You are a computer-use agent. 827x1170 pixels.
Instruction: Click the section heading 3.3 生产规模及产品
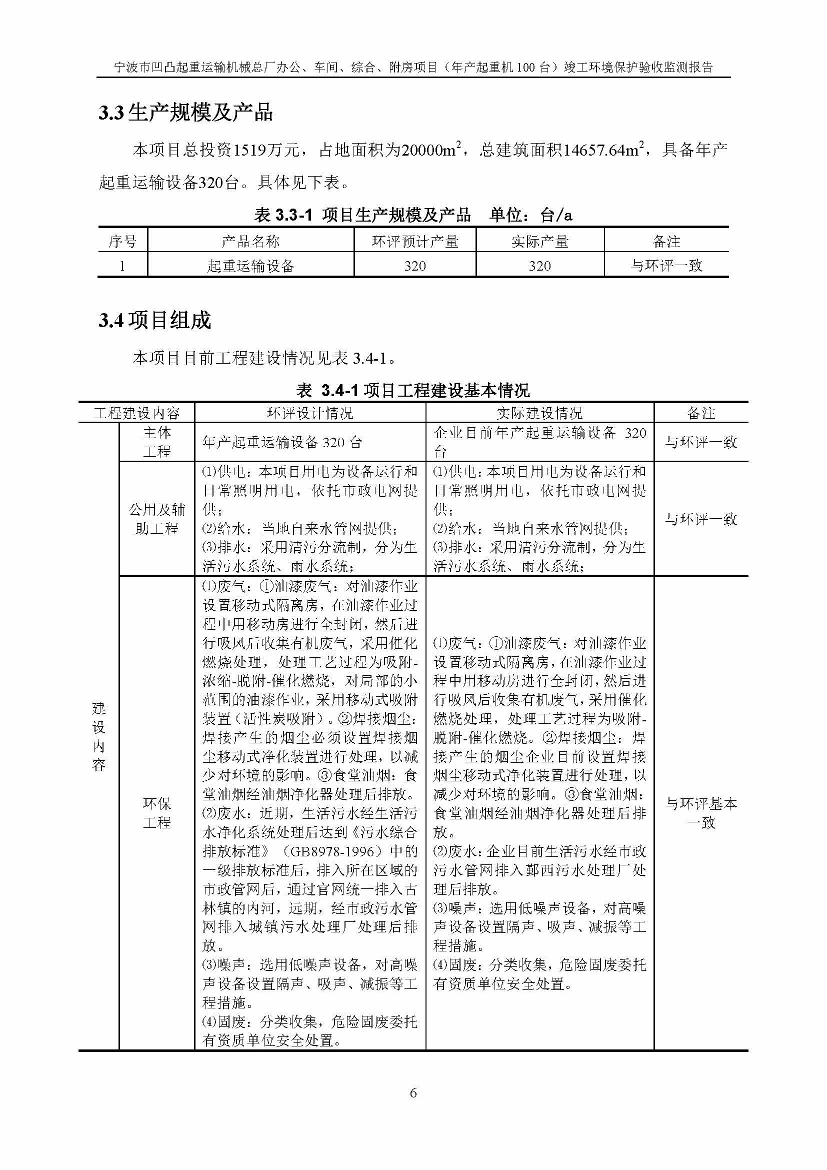(x=185, y=113)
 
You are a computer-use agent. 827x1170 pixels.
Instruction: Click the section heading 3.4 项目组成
(x=154, y=321)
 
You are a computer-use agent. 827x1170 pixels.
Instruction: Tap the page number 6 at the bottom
(x=413, y=1092)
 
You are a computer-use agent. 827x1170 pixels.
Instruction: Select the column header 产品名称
(x=250, y=241)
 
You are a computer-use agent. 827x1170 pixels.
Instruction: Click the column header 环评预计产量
(x=415, y=241)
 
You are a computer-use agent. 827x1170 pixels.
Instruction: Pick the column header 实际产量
(x=540, y=241)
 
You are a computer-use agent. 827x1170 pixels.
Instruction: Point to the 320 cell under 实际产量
(x=540, y=266)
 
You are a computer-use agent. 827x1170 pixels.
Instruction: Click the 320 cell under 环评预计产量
(x=415, y=266)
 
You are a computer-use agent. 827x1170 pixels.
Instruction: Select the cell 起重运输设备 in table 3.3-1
(x=250, y=266)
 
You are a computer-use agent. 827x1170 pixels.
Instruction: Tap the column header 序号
(x=122, y=241)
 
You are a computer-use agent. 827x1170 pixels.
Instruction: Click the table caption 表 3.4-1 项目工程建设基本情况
(x=413, y=390)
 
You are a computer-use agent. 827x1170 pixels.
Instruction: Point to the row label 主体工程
(x=157, y=442)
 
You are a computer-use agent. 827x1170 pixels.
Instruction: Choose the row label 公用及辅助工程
(x=157, y=519)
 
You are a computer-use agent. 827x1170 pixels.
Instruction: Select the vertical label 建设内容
(x=99, y=736)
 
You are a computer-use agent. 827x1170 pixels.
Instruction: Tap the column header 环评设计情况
(x=309, y=413)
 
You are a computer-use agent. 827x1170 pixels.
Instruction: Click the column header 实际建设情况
(x=539, y=413)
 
